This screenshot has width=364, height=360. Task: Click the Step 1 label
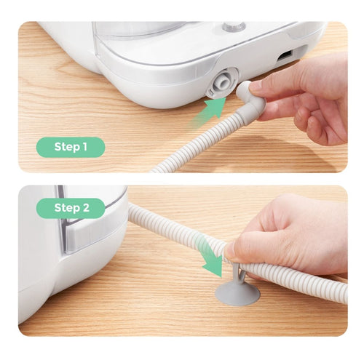(71, 147)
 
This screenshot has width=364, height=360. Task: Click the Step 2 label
(71, 208)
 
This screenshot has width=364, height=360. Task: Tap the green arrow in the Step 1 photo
(208, 111)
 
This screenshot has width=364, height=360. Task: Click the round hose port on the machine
(221, 83)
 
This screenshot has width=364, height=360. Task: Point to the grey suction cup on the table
(237, 293)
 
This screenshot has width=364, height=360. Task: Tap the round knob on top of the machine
(234, 26)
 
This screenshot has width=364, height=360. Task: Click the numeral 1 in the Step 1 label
(84, 147)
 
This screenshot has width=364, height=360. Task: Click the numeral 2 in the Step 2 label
(85, 208)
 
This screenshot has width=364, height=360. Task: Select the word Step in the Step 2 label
(66, 209)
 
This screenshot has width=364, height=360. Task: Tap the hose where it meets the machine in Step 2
(132, 212)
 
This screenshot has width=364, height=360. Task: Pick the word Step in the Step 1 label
(66, 148)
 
